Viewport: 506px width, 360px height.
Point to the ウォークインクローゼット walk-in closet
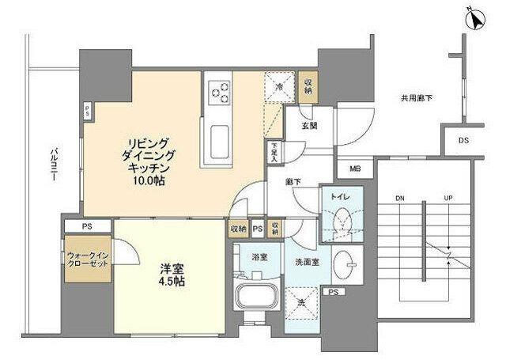87,260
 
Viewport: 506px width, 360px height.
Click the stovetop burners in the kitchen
218,92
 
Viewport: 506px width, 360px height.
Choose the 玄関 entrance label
309,125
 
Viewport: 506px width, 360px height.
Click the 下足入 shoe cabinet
274,150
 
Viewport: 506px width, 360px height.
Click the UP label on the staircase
448,198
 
